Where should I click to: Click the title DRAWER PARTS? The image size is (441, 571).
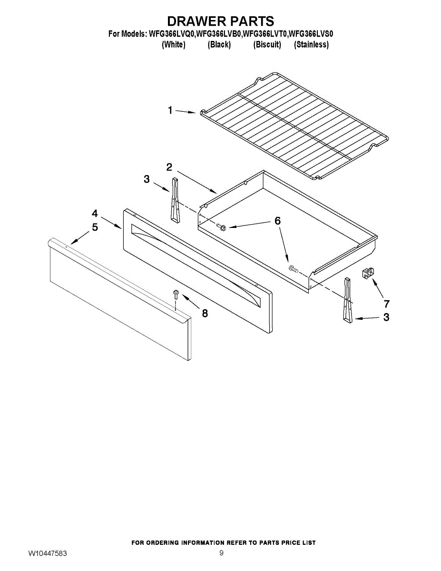[x=220, y=21]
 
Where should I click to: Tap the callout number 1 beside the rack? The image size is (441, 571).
[x=170, y=110]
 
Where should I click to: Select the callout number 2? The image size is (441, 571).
[x=169, y=167]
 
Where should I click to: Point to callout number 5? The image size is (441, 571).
[x=95, y=227]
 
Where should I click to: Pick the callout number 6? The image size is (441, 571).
[x=277, y=221]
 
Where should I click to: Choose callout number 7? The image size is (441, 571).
[x=386, y=303]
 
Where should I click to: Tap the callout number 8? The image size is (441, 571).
[x=205, y=313]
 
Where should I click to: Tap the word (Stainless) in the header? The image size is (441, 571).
[x=312, y=45]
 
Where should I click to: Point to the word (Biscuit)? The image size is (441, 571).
[x=267, y=45]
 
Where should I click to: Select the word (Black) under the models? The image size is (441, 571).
[x=219, y=45]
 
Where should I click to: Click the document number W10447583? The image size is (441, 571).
[x=47, y=553]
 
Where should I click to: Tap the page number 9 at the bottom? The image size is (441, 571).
[x=221, y=553]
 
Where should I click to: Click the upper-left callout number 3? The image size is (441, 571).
[x=147, y=179]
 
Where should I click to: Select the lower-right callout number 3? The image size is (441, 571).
[x=386, y=317]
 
